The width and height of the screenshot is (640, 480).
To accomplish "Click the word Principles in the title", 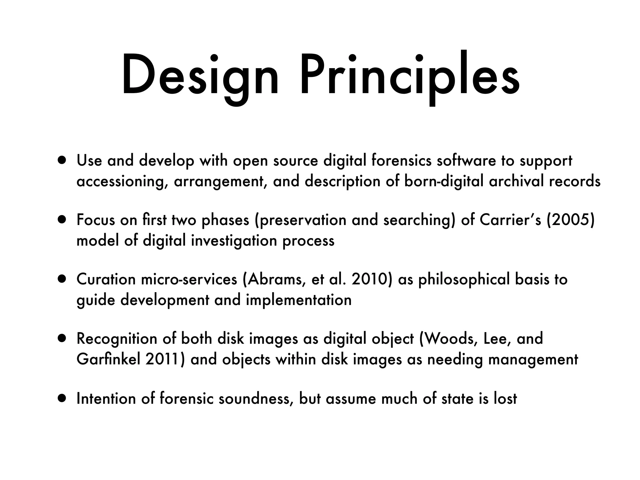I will pos(410,77).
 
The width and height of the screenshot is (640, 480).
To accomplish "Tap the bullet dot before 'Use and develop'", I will pos(62,161).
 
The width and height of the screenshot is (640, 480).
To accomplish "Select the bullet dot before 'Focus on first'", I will pos(62,220).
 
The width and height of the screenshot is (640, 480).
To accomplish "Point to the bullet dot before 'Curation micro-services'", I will pos(62,279).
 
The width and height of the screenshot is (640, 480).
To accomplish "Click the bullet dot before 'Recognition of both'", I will pos(62,339).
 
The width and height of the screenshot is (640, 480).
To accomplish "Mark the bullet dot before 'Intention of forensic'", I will pos(62,399).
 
